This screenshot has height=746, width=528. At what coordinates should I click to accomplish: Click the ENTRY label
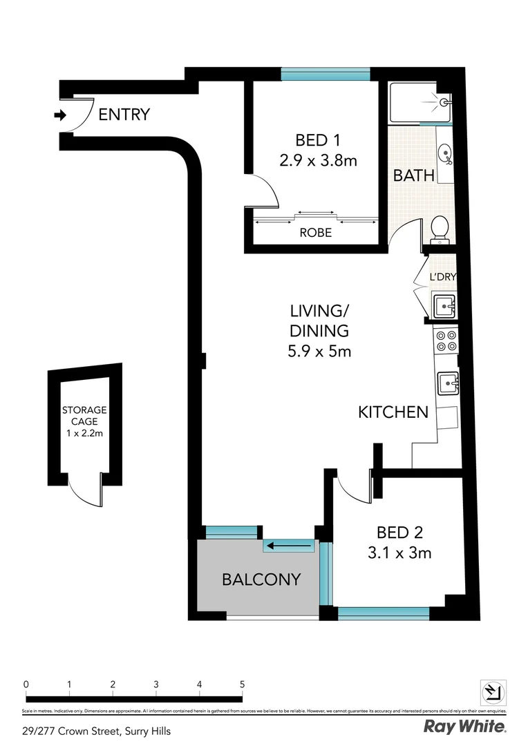click(x=124, y=115)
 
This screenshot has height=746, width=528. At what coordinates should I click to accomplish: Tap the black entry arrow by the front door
click(x=61, y=115)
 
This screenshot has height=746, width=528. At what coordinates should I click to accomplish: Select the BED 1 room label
click(x=312, y=140)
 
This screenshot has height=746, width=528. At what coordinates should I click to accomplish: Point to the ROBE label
click(x=315, y=233)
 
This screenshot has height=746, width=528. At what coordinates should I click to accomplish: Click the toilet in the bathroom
click(x=439, y=229)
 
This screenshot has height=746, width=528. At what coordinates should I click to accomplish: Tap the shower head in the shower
click(x=445, y=102)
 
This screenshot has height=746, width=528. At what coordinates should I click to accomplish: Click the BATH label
click(x=413, y=175)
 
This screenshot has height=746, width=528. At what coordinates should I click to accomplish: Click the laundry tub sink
click(x=443, y=304)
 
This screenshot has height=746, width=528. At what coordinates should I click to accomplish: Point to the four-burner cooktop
click(x=446, y=341)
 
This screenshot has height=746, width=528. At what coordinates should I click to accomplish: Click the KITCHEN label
click(x=393, y=412)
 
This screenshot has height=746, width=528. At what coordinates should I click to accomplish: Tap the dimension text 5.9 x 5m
click(x=319, y=351)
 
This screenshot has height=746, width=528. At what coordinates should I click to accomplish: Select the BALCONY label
click(x=261, y=579)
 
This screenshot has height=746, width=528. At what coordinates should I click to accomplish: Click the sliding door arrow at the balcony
click(x=289, y=547)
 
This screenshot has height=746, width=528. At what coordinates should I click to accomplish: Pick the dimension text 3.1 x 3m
click(x=399, y=553)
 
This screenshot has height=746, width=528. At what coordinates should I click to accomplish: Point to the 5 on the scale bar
click(x=242, y=685)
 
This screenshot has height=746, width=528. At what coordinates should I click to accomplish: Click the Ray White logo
click(x=464, y=727)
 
